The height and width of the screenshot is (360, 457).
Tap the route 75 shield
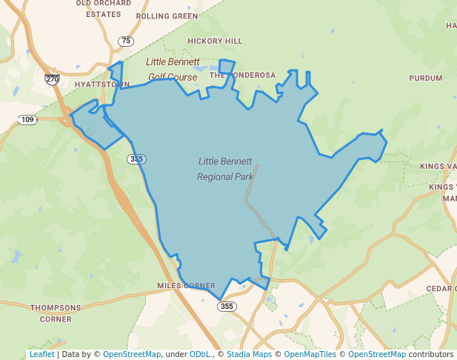coord(127,41)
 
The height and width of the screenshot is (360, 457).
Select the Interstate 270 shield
coord(52,79)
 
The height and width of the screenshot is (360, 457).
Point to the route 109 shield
coord(28,119)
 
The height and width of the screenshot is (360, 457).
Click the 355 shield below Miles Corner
coord(227,306)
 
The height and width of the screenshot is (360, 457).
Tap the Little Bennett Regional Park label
coord(225,169)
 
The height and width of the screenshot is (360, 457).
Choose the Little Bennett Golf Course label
coord(173,69)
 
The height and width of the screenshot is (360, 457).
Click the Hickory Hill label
coord(215,41)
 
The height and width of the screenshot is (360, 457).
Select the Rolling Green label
coord(167,16)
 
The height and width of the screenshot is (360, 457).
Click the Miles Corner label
coord(186,285)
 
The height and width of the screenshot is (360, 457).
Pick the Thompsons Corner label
coord(56,313)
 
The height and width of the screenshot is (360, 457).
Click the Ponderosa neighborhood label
coord(242,75)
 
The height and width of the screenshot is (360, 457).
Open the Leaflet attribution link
coord(42,354)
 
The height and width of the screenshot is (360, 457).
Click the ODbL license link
coord(200,354)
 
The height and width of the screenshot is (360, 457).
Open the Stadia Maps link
coord(249,354)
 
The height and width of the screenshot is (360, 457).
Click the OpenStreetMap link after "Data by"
coord(132,354)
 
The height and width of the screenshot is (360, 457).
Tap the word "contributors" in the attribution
coord(431,354)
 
